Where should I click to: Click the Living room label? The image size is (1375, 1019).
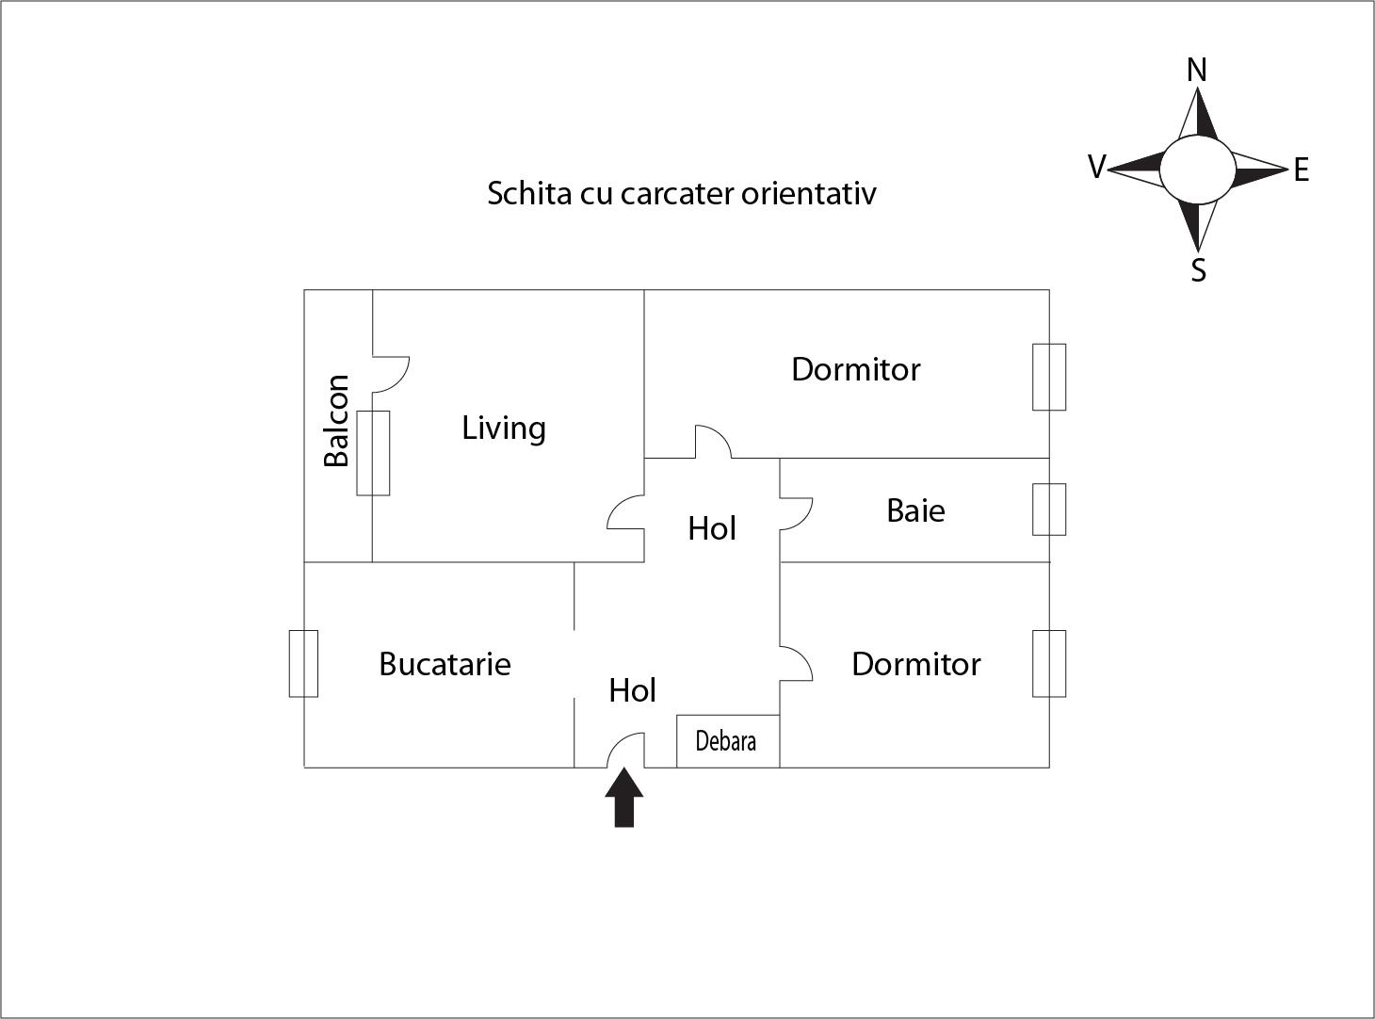504,429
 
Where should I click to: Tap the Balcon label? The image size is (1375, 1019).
336,420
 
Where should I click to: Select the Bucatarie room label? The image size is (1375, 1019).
445,664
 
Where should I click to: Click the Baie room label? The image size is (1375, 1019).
915,510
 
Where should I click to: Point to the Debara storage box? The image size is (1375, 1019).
727,741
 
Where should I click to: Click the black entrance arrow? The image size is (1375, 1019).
623,798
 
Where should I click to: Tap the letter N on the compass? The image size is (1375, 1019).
1196,70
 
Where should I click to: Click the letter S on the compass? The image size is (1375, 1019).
1198,270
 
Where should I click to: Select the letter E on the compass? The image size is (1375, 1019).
1301,170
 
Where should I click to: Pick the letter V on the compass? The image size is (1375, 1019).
1096,168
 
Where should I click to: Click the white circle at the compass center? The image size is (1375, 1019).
1196,170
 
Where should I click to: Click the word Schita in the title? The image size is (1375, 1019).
517,193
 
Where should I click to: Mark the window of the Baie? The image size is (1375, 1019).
1049,509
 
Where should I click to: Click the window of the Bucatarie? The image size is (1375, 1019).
303,664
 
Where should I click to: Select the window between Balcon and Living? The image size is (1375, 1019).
373,453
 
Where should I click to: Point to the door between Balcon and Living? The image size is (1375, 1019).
391,374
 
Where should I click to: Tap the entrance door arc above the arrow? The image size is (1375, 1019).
624,750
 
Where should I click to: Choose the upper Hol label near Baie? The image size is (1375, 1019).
711,528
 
